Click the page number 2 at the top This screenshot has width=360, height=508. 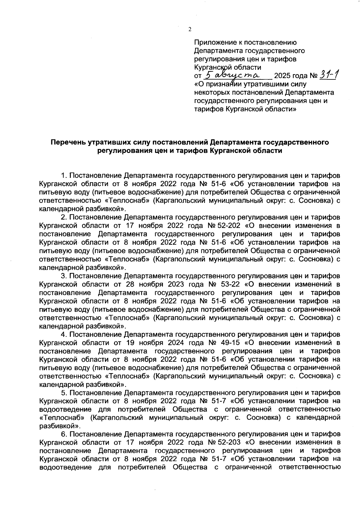[189, 29]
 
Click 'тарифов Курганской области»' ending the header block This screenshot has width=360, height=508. [245, 109]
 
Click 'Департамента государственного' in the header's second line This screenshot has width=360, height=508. [250, 51]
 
